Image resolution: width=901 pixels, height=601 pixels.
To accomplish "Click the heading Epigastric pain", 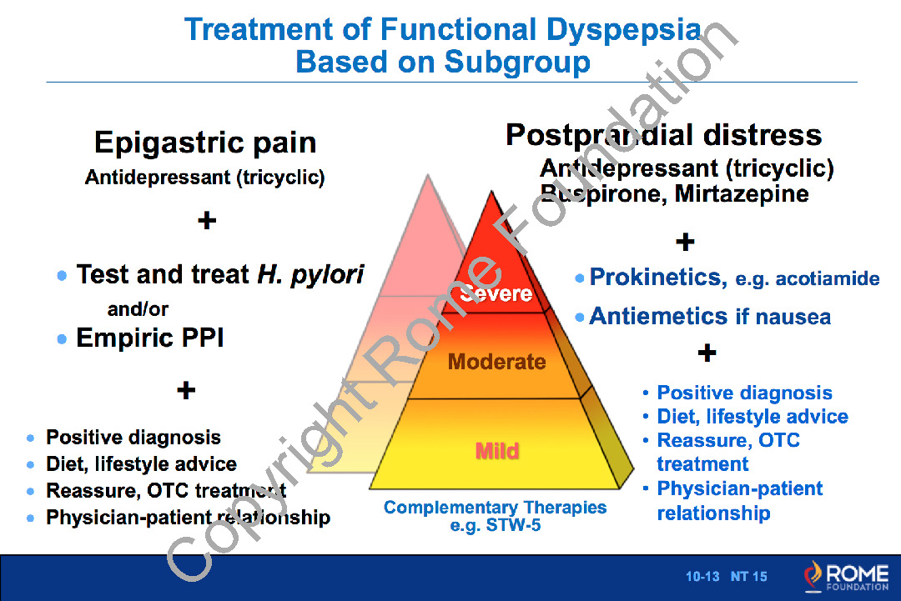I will (x=205, y=143).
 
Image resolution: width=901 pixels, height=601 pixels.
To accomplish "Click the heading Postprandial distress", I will (x=663, y=135).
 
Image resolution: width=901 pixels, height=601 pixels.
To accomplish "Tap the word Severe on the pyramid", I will (x=496, y=293).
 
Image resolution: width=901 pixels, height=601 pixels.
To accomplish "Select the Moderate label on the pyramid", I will (x=496, y=362).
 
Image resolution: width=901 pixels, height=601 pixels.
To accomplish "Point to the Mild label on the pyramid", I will (x=497, y=451).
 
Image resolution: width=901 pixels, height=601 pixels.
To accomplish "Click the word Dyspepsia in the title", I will (x=623, y=30).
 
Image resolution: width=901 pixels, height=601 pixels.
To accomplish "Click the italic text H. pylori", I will (x=310, y=274).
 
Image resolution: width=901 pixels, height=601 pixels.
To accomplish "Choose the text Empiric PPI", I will (x=150, y=338).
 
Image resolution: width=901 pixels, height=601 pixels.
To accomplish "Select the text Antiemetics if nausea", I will (x=710, y=317).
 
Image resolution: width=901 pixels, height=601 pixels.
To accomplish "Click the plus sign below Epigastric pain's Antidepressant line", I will (x=206, y=221).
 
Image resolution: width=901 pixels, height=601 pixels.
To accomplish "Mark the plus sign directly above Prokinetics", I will (x=684, y=243).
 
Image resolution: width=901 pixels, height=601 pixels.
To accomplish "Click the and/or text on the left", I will (x=138, y=309).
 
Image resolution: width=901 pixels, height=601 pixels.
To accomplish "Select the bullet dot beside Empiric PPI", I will (x=63, y=339).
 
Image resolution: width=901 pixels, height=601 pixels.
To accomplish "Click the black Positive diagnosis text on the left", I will (x=133, y=438).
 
